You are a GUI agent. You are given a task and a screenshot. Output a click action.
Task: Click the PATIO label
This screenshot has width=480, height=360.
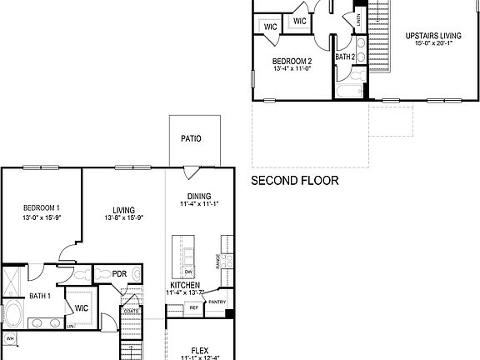click(191, 138)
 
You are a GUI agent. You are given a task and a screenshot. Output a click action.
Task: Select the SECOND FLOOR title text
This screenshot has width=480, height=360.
click(294, 181)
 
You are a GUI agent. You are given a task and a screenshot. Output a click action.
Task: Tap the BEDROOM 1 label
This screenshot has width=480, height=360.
click(40, 207)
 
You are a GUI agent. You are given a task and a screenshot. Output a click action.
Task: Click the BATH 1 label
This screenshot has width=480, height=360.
click(40, 296)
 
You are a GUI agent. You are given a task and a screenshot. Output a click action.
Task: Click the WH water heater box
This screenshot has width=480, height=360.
click(10, 338)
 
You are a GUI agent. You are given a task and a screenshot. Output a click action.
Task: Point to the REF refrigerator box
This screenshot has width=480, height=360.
click(193, 307)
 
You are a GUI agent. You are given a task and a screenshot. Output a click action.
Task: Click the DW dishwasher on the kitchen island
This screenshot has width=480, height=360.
click(188, 272)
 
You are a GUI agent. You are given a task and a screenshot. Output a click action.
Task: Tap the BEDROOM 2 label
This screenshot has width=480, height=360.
click(292, 61)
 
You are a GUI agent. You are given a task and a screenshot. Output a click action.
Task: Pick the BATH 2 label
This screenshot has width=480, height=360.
click(346, 57)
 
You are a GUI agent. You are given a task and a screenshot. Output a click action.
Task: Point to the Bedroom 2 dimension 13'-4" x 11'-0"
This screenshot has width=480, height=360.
click(292, 70)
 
